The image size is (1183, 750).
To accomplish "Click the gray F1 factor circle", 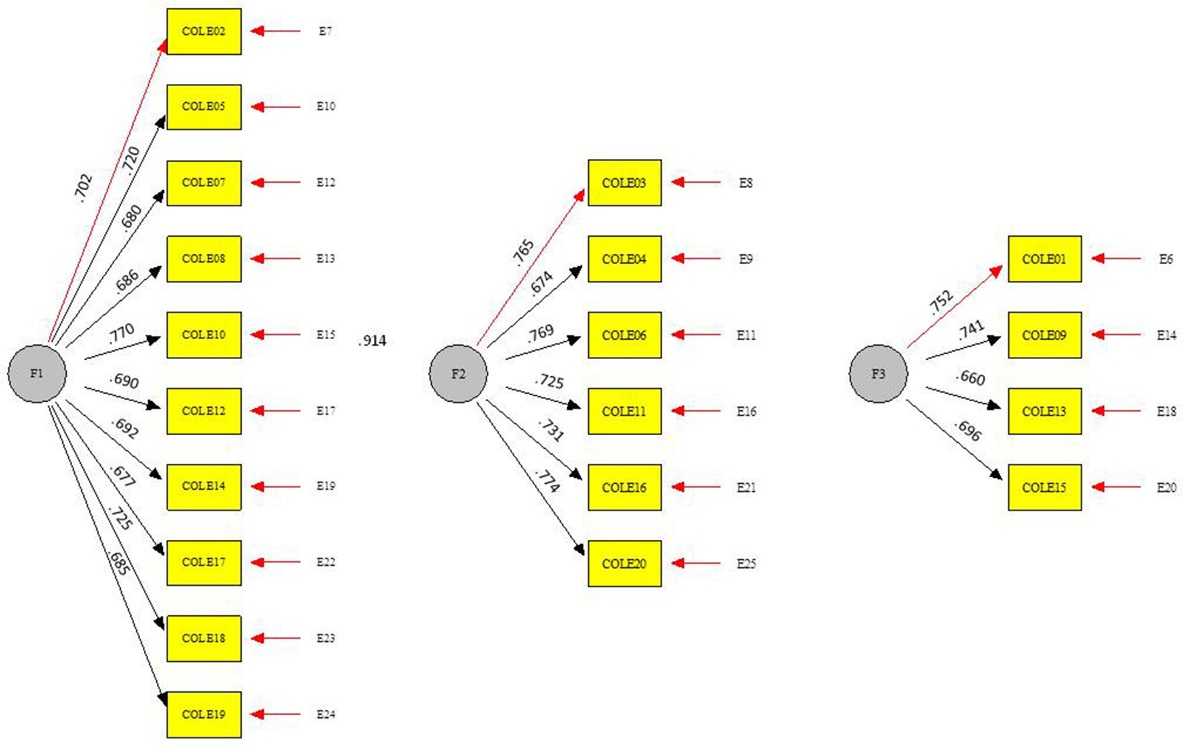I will click(x=37, y=374).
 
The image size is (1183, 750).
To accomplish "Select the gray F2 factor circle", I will click(x=458, y=374).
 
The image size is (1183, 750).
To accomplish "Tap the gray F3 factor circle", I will click(x=878, y=374).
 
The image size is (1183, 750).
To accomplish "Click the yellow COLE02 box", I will click(x=204, y=31).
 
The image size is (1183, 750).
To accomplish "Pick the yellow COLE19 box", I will click(x=204, y=715).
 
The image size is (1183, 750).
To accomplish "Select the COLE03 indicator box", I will click(x=624, y=183).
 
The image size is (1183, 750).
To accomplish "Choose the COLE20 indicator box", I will click(x=624, y=564).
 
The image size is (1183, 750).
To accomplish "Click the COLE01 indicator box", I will click(x=1044, y=259).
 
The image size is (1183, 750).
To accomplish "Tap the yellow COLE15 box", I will click(x=1044, y=488).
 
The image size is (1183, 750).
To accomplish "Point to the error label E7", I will click(x=325, y=31).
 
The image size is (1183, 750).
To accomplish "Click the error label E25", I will click(x=746, y=564).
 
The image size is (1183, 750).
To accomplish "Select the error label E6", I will click(x=1166, y=259).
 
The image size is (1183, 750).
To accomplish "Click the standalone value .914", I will click(x=373, y=341).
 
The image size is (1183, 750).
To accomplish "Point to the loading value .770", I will click(x=122, y=332).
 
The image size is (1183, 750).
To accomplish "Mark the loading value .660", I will click(x=970, y=378).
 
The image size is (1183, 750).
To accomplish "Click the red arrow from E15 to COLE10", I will click(x=276, y=335).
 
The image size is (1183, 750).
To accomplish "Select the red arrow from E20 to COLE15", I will click(x=1116, y=488).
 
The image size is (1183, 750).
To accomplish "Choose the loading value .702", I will click(x=83, y=187).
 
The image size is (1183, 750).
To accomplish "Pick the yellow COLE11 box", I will click(x=624, y=412).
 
